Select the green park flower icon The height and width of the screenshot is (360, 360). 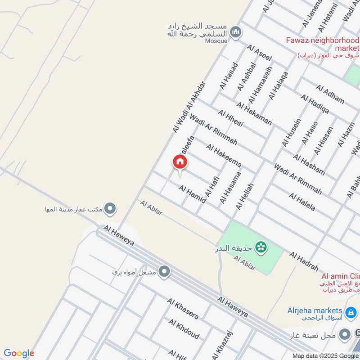(260, 247)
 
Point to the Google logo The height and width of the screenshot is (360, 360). (18, 353)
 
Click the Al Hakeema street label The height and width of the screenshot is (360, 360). (224, 155)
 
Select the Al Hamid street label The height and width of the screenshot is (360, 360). (192, 194)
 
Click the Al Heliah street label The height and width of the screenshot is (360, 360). (245, 196)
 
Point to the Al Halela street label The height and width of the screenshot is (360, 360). (302, 202)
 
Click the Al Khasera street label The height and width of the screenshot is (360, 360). (183, 308)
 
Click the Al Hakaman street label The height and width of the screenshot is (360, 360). (254, 114)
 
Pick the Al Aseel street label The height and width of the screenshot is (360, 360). (259, 54)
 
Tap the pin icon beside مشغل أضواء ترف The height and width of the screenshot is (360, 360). (165, 271)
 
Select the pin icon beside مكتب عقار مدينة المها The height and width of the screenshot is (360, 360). (110, 209)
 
